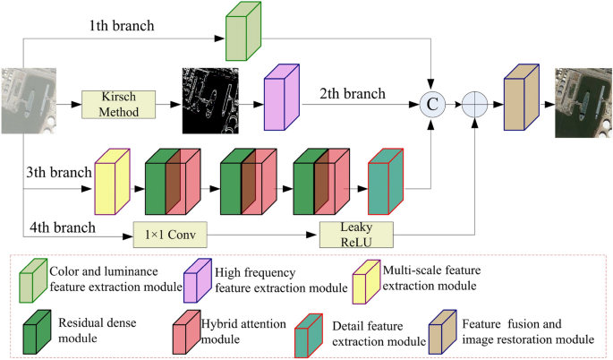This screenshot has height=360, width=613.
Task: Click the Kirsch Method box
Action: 118,104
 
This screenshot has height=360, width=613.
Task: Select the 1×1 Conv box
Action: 170,236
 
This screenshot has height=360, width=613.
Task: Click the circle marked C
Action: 432,104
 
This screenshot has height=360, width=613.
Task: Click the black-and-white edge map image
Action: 212,103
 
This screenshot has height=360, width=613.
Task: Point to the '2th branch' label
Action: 352,92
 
